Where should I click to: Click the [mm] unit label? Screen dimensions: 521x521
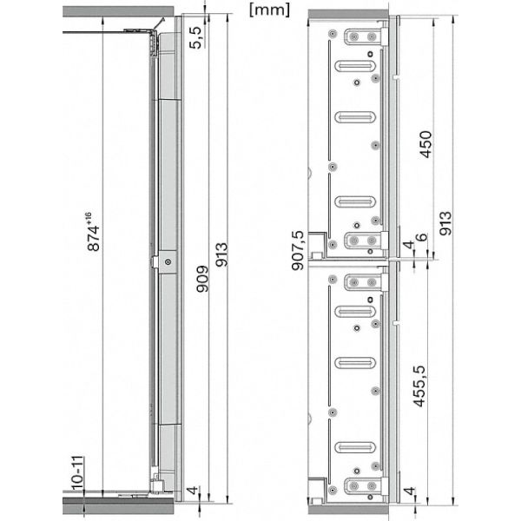268,10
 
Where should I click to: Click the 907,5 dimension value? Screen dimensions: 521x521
299,252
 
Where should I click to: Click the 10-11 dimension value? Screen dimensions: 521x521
76,473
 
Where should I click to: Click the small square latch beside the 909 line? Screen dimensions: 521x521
166,261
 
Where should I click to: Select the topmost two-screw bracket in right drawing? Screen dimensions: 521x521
363,37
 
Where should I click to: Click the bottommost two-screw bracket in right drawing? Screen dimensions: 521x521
363,488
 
